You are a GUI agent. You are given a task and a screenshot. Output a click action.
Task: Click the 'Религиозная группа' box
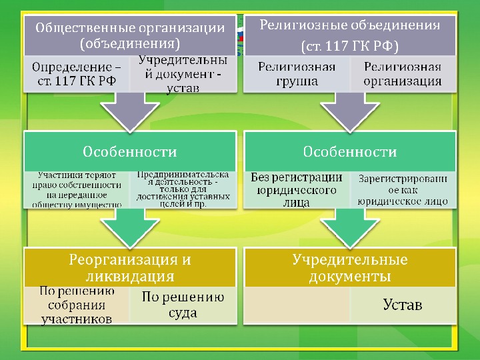296,74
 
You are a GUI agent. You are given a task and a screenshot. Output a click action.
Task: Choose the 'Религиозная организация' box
403,74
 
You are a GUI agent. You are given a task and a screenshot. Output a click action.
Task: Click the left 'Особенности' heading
129,151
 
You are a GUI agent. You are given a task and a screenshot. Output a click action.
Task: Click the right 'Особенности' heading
349,151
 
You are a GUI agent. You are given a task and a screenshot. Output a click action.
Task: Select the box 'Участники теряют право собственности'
75,189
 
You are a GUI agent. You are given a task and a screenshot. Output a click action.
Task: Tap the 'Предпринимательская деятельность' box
183,189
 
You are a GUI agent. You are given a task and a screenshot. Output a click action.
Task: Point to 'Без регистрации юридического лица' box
296,189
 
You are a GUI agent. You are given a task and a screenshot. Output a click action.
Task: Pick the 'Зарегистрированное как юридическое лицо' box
403,189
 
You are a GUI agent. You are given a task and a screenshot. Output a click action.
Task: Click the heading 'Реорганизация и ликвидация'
129,267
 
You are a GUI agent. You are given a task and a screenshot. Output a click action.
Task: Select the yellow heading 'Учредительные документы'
349,267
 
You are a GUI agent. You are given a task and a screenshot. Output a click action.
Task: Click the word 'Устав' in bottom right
403,305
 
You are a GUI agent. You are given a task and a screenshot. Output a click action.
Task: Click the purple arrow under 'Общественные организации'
130,110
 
